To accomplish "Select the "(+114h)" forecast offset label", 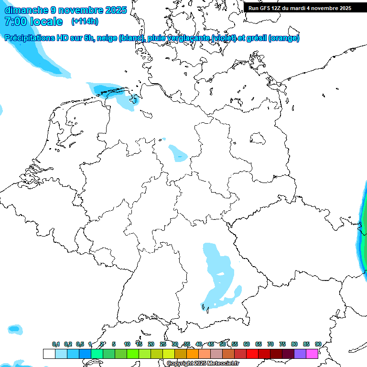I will [85, 22].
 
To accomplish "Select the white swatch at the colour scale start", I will [49, 354].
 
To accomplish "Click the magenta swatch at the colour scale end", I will [312, 354].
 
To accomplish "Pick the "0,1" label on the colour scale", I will [56, 345].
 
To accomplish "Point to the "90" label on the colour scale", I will [318, 345].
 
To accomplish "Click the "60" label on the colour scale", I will [247, 345].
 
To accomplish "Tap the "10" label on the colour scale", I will [127, 345].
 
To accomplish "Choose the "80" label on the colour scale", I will [294, 345].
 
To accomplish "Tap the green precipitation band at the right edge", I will [364, 229].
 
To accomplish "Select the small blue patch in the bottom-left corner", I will [15, 329].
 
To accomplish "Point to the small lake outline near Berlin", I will [259, 139].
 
